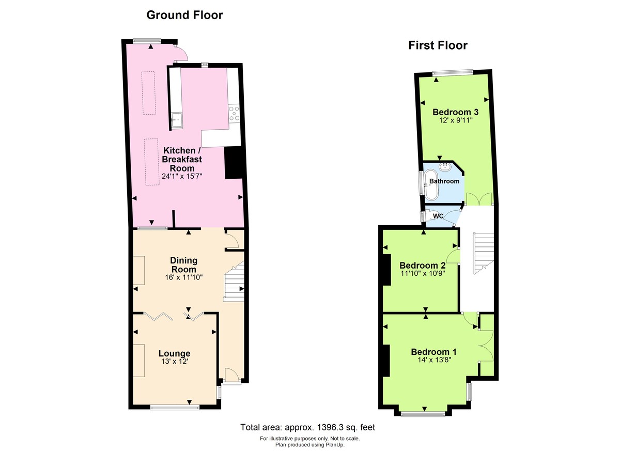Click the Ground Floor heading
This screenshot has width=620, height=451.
pos(184,15)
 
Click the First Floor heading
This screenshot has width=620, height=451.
pos(438,45)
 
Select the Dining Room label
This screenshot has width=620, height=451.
pos(183,265)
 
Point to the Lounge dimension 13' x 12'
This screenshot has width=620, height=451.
pos(174,362)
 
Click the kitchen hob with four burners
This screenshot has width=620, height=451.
pos(234,113)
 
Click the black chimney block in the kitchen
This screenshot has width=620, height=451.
pos(233,163)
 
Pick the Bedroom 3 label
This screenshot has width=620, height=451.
pos(455,112)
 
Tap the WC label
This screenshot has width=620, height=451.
pos(439,215)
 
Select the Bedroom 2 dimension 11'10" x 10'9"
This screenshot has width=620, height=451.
pos(422,274)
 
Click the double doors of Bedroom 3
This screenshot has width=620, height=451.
pos(479,199)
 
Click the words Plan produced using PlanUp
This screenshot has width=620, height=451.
pos(309,444)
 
